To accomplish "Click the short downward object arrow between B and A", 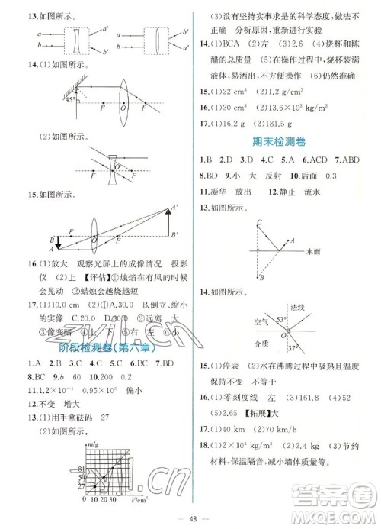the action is (52, 244).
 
